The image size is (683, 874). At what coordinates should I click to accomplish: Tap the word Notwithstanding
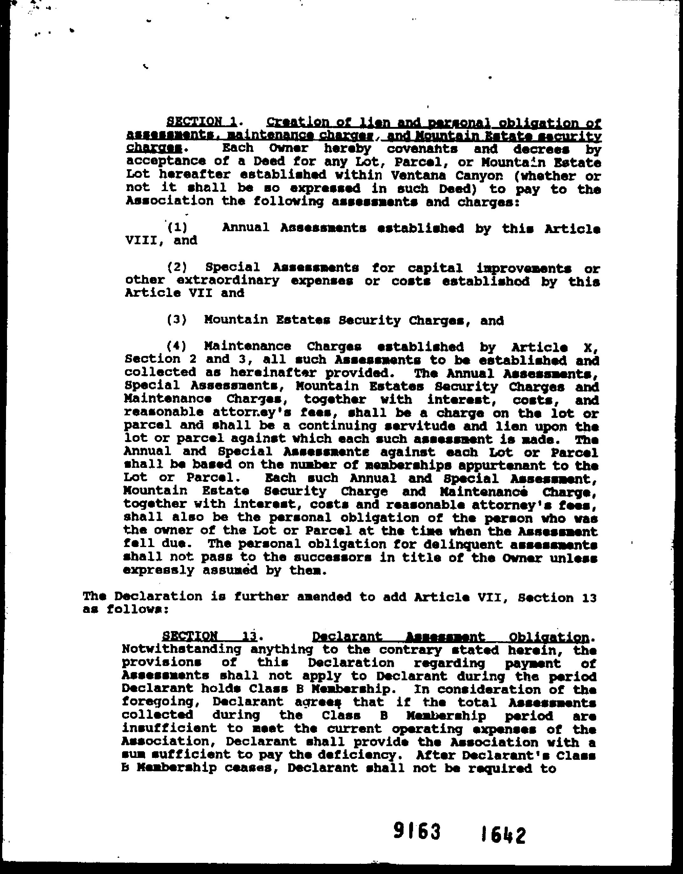click(x=181, y=649)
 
